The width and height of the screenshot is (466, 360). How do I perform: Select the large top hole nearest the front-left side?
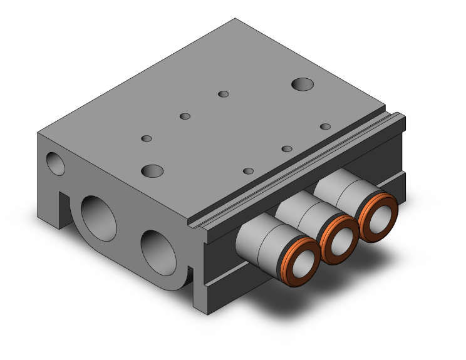coord(152,170)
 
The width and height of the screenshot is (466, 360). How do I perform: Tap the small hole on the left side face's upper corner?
coord(54,162)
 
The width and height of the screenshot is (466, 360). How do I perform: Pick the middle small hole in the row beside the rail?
coord(287,148)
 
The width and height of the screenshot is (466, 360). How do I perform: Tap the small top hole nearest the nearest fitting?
coord(248,171)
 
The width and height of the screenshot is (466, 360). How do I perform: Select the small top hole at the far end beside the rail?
coord(325,126)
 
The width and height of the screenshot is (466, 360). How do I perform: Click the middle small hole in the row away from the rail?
coord(185,116)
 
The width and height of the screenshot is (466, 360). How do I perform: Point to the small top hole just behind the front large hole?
coord(147,138)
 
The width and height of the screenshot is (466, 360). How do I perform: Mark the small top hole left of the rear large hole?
coord(222,95)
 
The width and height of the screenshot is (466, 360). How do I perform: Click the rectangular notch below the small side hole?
coord(63,206)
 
